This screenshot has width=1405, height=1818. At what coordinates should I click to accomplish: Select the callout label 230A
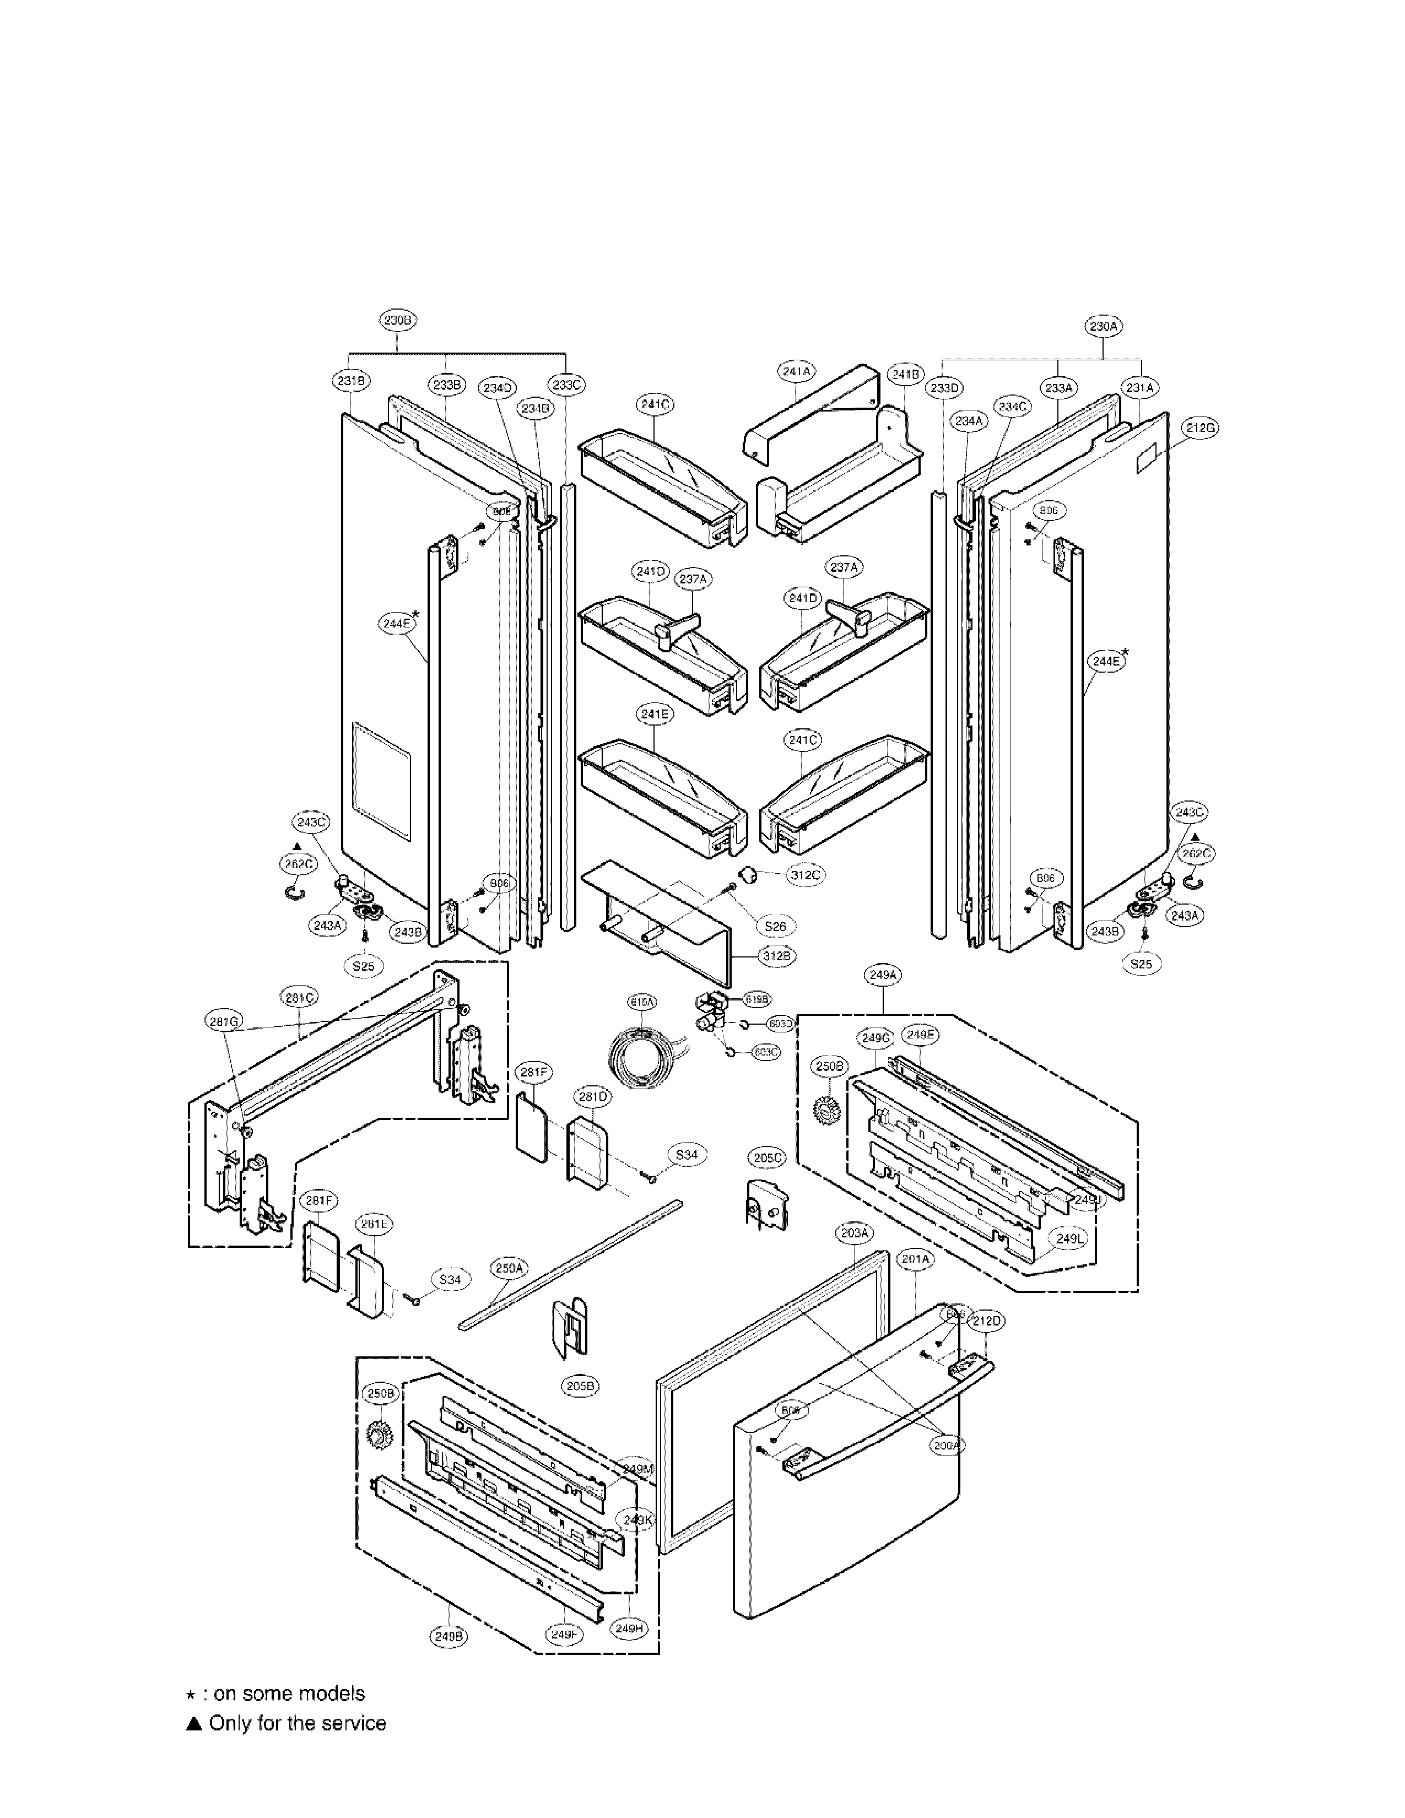click(1103, 327)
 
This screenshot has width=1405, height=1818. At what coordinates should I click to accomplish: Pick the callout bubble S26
click(774, 926)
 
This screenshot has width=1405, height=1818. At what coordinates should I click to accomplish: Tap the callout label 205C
click(766, 1158)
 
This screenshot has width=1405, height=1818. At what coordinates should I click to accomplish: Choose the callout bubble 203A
click(855, 1233)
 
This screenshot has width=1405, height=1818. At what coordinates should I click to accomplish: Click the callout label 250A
click(510, 1268)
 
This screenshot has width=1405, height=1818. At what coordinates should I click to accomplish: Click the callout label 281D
click(593, 1097)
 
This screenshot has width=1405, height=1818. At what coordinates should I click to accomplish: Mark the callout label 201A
click(916, 1259)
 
